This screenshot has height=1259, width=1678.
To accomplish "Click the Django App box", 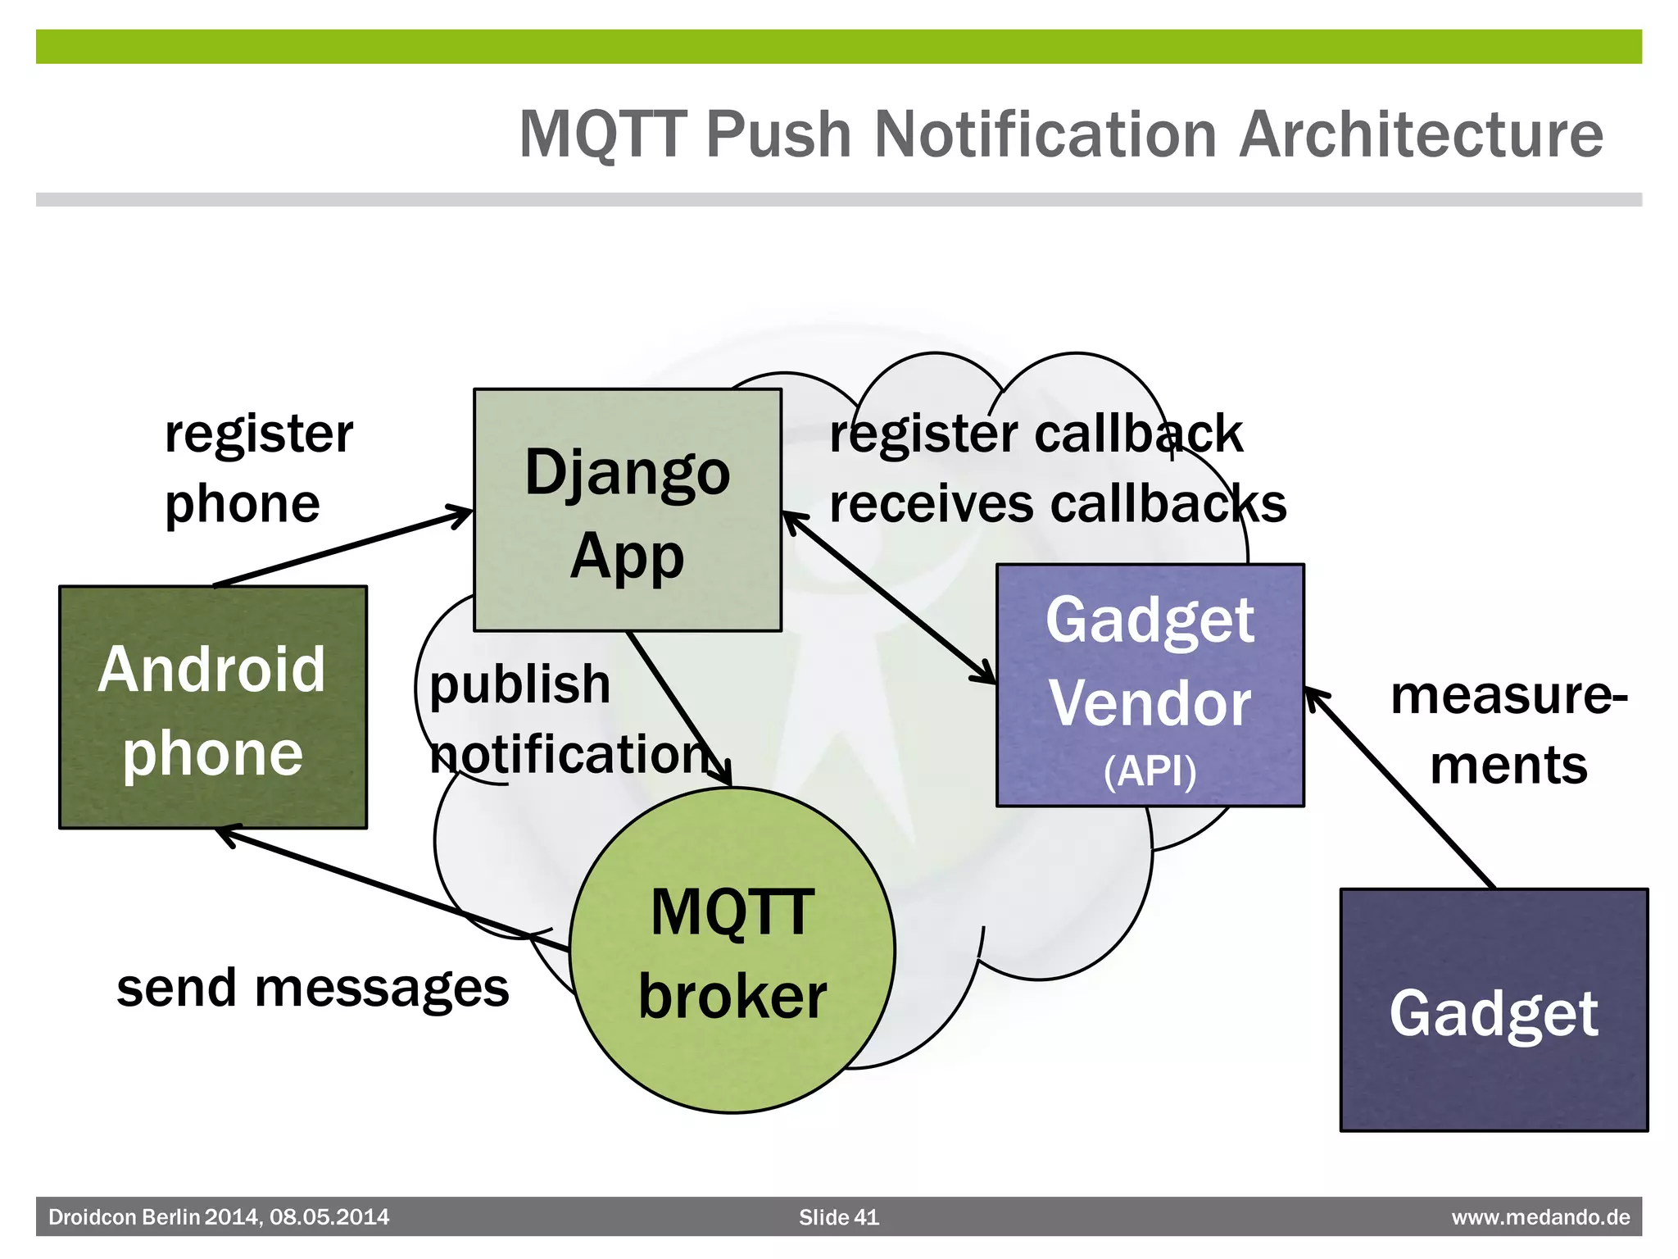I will [628, 510].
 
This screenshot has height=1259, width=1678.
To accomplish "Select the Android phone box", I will [213, 707].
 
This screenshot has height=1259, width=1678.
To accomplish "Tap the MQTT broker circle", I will [732, 951].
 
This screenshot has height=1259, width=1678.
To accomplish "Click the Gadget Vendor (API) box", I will [1150, 685].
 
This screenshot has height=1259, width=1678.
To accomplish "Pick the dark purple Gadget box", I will [1494, 1010].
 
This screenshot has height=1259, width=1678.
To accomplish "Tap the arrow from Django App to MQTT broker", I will [678, 708].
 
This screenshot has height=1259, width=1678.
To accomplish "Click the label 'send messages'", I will [313, 988].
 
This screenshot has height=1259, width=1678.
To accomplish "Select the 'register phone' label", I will [257, 468].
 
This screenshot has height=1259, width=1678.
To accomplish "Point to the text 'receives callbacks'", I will [1057, 503].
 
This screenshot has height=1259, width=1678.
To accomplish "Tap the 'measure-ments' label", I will [1508, 729].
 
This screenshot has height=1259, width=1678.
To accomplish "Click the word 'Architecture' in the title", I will [1420, 134].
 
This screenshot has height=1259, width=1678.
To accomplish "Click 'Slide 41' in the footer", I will [838, 1217].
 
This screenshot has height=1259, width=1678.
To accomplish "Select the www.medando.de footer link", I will [1540, 1217].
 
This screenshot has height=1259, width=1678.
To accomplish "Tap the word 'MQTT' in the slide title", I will [602, 134].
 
